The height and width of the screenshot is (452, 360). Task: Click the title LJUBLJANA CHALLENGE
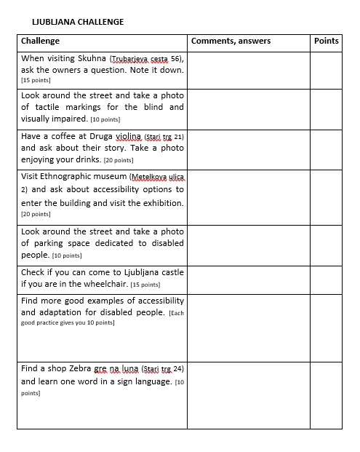(78, 22)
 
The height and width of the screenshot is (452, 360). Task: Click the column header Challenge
(41, 41)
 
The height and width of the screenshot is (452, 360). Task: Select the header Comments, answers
(231, 41)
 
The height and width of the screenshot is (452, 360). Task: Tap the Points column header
(327, 41)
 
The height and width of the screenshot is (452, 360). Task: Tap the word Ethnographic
(85, 177)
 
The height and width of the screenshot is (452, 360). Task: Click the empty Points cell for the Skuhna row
(327, 69)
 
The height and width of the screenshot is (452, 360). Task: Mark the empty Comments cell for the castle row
(249, 279)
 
